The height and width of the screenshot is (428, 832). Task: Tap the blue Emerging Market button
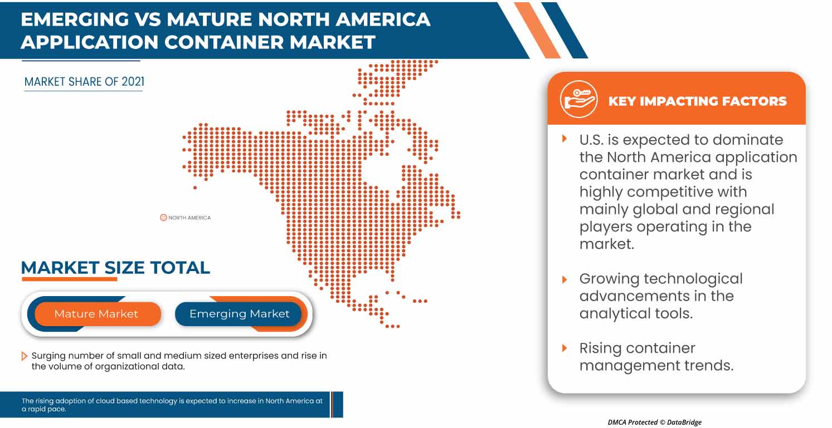point(239,314)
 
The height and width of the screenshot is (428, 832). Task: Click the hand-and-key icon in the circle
point(578,100)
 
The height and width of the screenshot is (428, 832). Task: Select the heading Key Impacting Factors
point(697,101)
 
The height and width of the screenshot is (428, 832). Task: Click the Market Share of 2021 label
point(84,82)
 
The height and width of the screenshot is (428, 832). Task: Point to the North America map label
point(189,218)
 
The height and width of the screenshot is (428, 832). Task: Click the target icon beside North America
point(163,217)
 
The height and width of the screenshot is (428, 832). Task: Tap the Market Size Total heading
point(115,267)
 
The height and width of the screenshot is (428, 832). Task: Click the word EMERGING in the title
point(75,19)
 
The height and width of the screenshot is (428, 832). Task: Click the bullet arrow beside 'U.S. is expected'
point(565,139)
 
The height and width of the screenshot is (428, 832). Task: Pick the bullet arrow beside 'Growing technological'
point(565,279)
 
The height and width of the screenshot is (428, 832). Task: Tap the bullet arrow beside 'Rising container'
point(565,348)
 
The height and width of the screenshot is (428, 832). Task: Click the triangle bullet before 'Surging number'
point(24,356)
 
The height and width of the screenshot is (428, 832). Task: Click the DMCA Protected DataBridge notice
point(654,422)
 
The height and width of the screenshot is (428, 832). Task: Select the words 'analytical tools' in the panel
point(636,314)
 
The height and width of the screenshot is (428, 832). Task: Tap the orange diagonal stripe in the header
point(537,30)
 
